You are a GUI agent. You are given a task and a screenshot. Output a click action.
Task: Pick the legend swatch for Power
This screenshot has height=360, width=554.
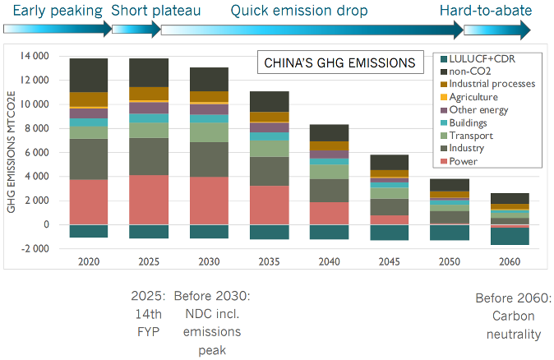pos(445,161)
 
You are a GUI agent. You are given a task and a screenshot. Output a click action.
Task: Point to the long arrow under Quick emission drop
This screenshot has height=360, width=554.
pos(312,30)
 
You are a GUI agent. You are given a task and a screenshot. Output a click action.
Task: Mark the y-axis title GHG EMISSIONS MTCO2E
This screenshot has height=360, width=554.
pos(12,152)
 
